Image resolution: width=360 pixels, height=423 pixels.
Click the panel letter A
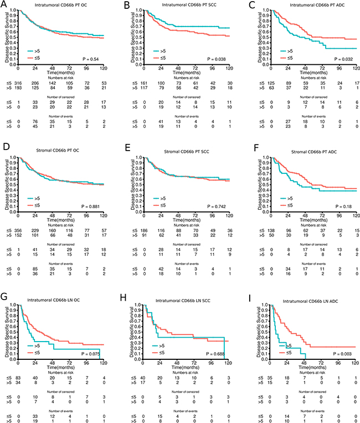(4, 4)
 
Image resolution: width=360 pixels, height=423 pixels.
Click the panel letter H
(126, 286)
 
